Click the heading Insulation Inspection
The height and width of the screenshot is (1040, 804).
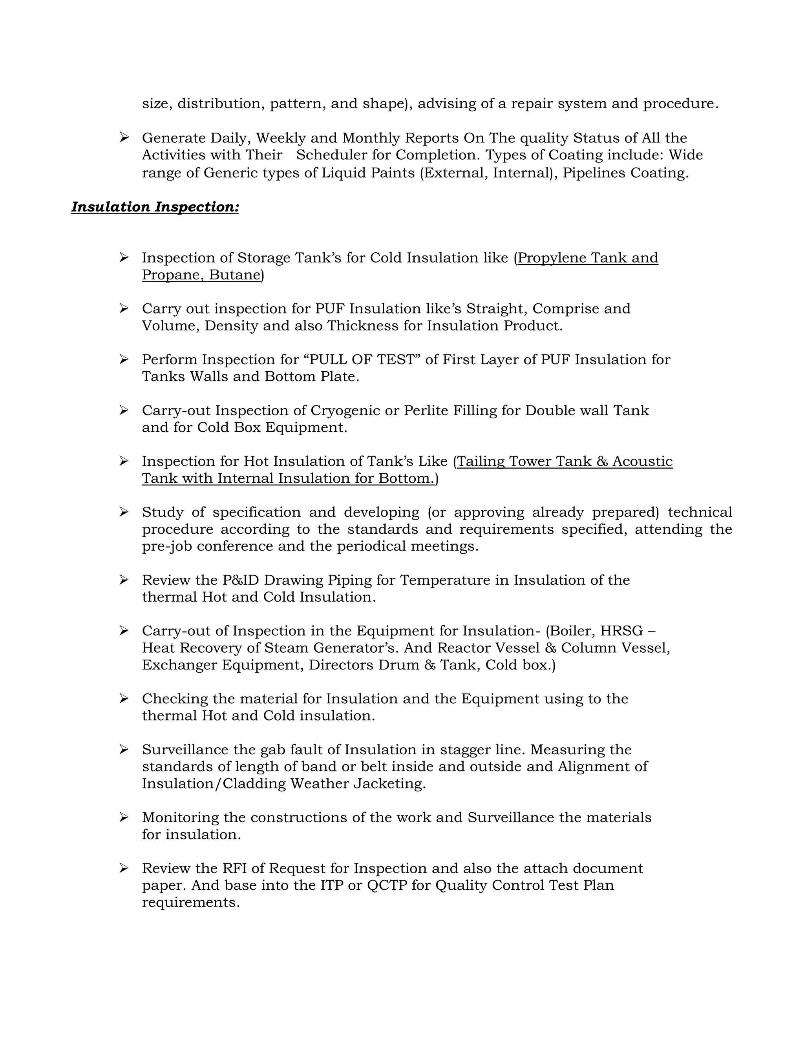155,207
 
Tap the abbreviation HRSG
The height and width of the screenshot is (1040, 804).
621,631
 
